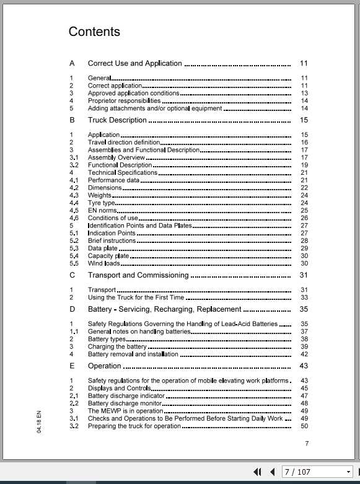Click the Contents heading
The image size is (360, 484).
(x=94, y=32)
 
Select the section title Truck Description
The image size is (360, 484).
(x=117, y=120)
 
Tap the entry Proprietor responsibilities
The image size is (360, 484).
(x=124, y=100)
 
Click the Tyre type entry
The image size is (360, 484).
(x=102, y=203)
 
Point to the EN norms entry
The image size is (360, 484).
(x=102, y=211)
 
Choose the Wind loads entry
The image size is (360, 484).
(x=103, y=263)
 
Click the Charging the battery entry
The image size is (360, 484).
(x=117, y=347)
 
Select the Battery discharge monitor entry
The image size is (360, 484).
(x=125, y=403)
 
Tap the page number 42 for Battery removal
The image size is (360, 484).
(x=304, y=354)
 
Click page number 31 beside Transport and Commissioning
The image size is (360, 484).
(x=304, y=275)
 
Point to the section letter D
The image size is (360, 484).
(x=72, y=309)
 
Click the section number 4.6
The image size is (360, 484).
(x=74, y=218)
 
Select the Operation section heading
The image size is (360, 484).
(x=105, y=366)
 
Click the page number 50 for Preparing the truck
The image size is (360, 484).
(x=304, y=426)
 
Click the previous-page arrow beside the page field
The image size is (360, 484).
(x=271, y=472)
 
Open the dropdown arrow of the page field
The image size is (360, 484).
(x=349, y=472)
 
